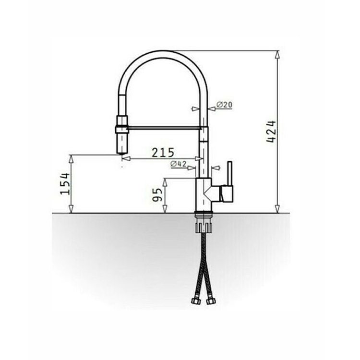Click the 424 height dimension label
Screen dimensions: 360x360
tap(271, 132)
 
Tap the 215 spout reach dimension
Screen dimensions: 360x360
tap(163, 153)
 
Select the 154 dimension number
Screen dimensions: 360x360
tap(65, 184)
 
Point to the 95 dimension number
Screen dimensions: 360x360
tap(157, 195)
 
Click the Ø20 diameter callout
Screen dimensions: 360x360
tap(224, 105)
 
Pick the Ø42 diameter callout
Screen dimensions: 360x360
tap(179, 164)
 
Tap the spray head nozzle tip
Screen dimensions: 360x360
tap(122, 153)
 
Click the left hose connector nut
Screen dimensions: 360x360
tap(196, 301)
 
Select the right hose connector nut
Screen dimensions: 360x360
tap(210, 301)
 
